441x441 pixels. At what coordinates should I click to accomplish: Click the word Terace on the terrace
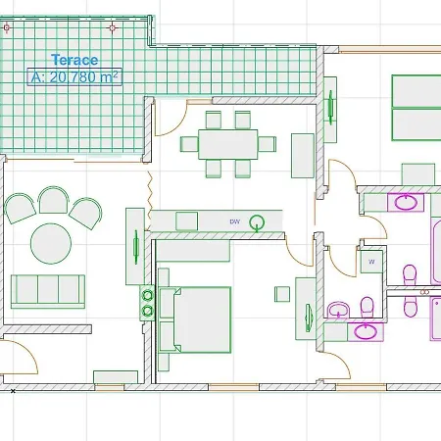[x=74, y=60]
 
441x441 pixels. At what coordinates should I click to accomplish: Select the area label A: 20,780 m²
[x=74, y=77]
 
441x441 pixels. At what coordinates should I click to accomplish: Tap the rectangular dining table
[x=228, y=144]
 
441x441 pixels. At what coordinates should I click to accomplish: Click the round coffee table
[x=51, y=243]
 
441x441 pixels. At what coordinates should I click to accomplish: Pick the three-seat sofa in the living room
[x=48, y=292]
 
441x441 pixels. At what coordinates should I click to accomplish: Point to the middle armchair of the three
[x=53, y=200]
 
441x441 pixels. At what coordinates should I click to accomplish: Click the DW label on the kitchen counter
[x=235, y=221]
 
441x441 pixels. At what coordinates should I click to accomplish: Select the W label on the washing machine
[x=371, y=262]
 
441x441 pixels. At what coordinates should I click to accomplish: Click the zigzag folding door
[x=150, y=200]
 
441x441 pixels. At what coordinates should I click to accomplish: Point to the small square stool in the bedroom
[x=282, y=294]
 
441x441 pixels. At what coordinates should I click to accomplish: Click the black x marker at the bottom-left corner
[x=13, y=391]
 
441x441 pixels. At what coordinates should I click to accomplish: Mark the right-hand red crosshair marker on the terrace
[x=113, y=28]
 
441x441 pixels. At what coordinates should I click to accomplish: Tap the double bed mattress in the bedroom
[x=203, y=319]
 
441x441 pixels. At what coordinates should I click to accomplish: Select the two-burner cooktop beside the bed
[x=147, y=303]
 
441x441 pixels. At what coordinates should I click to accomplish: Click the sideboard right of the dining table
[x=303, y=156]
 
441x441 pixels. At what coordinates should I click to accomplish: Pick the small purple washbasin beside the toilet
[x=339, y=310]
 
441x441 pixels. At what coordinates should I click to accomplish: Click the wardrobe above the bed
[x=193, y=251]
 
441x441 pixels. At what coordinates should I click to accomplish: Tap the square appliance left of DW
[x=186, y=221]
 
